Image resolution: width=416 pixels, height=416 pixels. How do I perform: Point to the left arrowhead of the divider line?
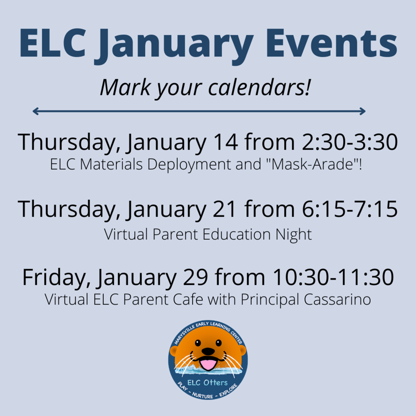[35, 111]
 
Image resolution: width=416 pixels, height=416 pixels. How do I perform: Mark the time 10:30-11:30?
[333, 277]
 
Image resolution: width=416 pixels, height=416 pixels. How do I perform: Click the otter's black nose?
[208, 351]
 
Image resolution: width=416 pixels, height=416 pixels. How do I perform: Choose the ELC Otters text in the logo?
[208, 383]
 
